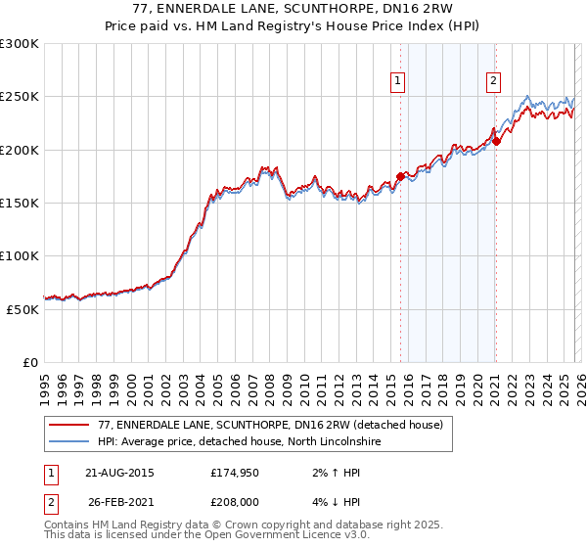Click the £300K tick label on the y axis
[19, 44]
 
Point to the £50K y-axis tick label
[22, 309]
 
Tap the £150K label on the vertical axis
[19, 204]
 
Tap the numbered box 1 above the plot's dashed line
[399, 82]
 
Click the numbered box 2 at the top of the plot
[494, 82]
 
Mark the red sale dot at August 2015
[400, 177]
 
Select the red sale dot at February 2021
[496, 142]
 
